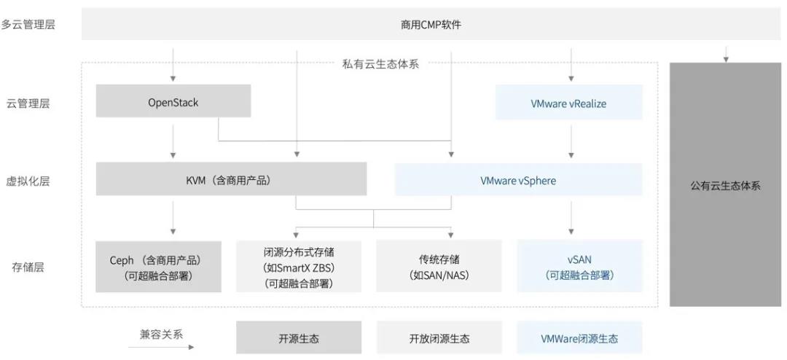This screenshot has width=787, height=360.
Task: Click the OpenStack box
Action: [x=173, y=101]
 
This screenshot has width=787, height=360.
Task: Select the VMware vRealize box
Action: [x=568, y=103]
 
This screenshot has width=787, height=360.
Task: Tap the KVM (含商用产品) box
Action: [x=231, y=179]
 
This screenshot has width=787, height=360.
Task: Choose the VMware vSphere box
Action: [x=519, y=179]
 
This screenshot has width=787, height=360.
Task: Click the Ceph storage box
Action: [x=159, y=267]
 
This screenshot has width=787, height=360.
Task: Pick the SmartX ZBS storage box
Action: [x=299, y=266]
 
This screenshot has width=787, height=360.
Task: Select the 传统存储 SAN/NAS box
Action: [x=439, y=266]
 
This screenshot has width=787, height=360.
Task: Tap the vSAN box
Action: [x=580, y=266]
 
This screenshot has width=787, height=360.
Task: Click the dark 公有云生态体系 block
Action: [x=725, y=184]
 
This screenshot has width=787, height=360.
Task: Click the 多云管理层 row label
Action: [x=28, y=25]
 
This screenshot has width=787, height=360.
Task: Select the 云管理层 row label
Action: [x=28, y=103]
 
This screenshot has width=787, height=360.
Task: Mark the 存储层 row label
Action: [x=28, y=267]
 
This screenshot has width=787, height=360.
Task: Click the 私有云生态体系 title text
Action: [x=380, y=64]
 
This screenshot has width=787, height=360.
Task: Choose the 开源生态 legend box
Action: [x=299, y=337]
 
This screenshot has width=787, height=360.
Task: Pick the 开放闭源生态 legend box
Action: [x=439, y=337]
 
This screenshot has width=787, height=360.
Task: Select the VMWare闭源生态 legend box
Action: [x=580, y=337]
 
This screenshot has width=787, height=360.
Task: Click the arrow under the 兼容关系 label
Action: [x=161, y=347]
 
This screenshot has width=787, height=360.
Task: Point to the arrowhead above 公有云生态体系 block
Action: [x=726, y=60]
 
